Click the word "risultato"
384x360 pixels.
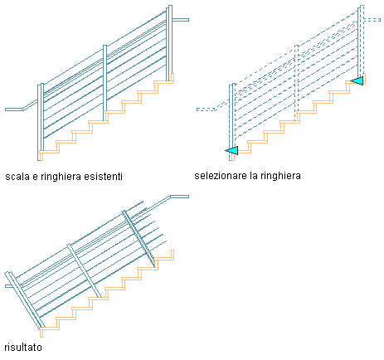click(x=23, y=348)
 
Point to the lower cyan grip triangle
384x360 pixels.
click(x=232, y=151)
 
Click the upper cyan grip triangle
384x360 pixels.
click(x=357, y=80)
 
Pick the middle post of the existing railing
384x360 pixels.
click(x=105, y=83)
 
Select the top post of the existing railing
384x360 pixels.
click(x=169, y=43)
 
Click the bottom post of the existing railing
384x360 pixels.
click(x=41, y=122)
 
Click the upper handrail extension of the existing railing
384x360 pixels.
click(x=181, y=20)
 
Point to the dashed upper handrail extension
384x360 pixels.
click(x=372, y=20)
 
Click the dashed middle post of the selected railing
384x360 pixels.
click(x=297, y=83)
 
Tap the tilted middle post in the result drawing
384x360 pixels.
click(x=85, y=271)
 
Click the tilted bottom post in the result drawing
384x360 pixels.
click(x=24, y=300)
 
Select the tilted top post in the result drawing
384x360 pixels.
click(x=139, y=239)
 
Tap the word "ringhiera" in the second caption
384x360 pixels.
click(x=280, y=176)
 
